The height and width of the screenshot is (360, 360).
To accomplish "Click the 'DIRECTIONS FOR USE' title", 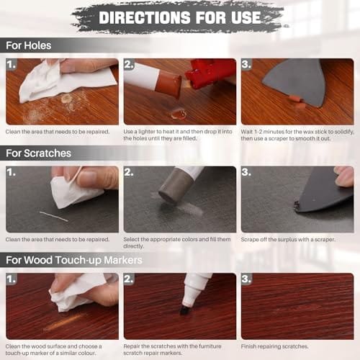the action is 180,17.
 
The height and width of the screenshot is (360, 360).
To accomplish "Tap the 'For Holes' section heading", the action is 29,45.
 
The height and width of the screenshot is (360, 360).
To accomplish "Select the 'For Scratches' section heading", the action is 38,153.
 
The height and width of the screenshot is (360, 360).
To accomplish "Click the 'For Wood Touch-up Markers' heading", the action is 74,260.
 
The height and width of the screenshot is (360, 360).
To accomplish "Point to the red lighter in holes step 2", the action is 210,73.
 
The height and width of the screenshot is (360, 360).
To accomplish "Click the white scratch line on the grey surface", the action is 53,216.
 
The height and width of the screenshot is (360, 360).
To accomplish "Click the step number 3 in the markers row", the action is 246,279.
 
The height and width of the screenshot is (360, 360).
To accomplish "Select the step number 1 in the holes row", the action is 12,64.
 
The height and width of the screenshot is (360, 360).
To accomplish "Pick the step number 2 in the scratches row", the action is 129,172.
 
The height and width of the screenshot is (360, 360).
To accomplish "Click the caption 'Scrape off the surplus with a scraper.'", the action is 288,239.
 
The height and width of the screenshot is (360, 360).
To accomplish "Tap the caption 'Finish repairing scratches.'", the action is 274,346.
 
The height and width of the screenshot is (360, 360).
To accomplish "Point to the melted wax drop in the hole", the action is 179,114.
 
